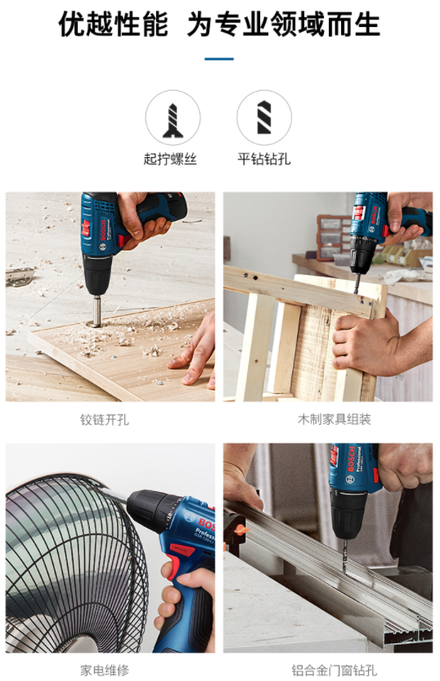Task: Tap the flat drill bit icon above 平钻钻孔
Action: (264, 118)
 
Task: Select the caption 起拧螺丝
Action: (170, 159)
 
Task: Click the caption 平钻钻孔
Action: (264, 159)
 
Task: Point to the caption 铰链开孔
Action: (105, 420)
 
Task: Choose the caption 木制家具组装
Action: (334, 419)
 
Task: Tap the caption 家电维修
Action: (105, 670)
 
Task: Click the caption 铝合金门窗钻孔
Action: (334, 670)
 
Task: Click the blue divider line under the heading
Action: (219, 59)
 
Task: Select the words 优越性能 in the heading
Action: (113, 24)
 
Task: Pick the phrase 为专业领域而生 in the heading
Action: (283, 24)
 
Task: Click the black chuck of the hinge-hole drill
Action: (97, 275)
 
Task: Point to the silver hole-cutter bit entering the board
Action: (97, 310)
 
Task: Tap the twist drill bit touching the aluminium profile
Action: (345, 555)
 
